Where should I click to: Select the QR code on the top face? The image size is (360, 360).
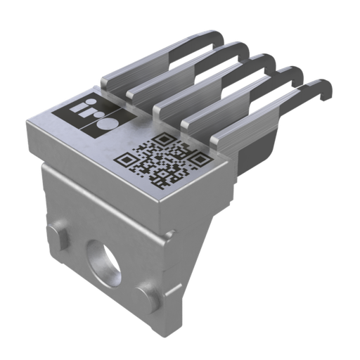pyautogui.click(x=162, y=160)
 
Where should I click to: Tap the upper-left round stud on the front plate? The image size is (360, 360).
pyautogui.click(x=58, y=232)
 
